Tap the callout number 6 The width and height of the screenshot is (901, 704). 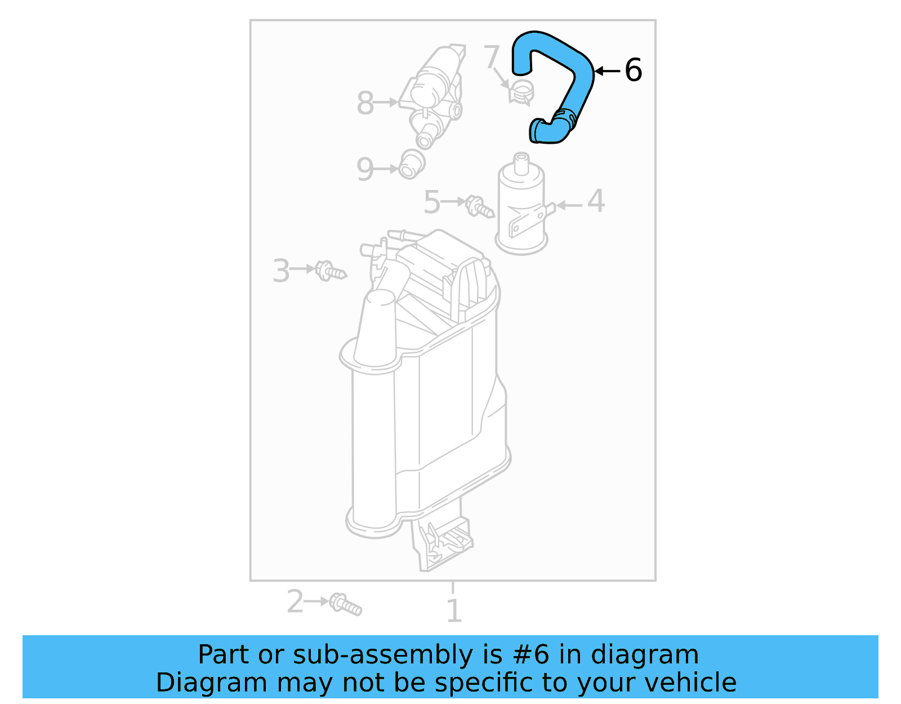pos(634,70)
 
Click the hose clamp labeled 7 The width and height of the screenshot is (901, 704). pos(521,92)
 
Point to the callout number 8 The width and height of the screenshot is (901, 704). pos(365,103)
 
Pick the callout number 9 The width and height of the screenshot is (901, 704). pos(365,169)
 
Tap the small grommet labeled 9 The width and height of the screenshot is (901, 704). pos(411,164)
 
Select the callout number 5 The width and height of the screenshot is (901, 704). pos(431,202)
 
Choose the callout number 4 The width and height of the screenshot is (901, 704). pos(596,201)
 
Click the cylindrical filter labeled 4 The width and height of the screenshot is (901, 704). pos(521,209)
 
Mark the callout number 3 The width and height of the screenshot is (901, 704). pos(281,271)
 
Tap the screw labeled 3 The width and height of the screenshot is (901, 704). pos(330,271)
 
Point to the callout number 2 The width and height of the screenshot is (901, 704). pos(295,601)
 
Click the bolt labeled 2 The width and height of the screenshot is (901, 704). pos(345,604)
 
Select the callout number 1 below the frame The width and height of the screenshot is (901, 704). pos(454,611)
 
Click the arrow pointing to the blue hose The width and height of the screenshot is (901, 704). pos(607,71)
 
